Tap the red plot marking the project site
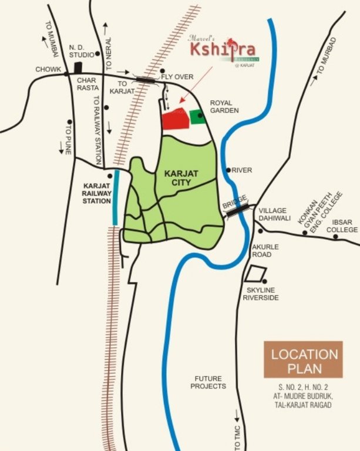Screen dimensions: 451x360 point(175,119)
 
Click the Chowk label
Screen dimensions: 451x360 point(48,69)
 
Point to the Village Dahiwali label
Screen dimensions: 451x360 point(275,214)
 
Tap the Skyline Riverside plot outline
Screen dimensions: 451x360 point(255,274)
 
